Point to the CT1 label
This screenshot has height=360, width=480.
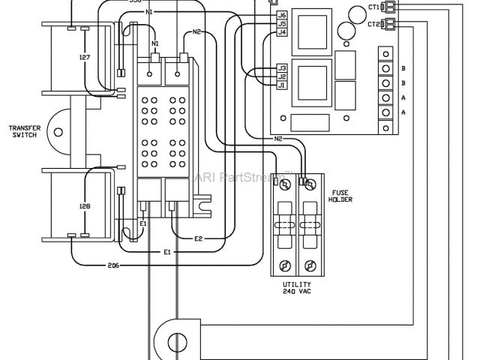point(373,7)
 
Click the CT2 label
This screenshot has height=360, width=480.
point(373,25)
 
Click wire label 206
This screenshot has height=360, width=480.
point(113,265)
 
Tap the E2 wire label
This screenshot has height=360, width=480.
point(198,238)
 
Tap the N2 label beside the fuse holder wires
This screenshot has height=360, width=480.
point(277,139)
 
